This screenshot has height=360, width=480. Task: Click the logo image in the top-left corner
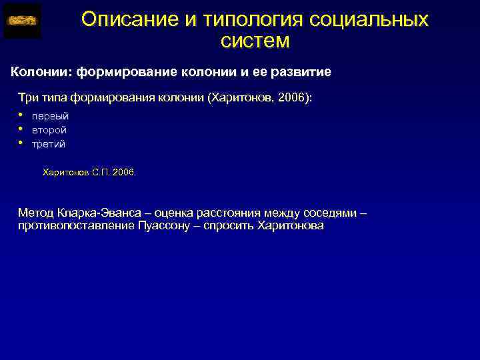22,21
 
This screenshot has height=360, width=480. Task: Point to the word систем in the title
255,41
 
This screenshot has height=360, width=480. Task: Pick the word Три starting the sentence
29,98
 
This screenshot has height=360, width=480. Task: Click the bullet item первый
50,116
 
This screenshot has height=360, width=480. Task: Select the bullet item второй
49,130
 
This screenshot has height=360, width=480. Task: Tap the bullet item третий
49,144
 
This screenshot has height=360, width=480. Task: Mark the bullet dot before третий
21,141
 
